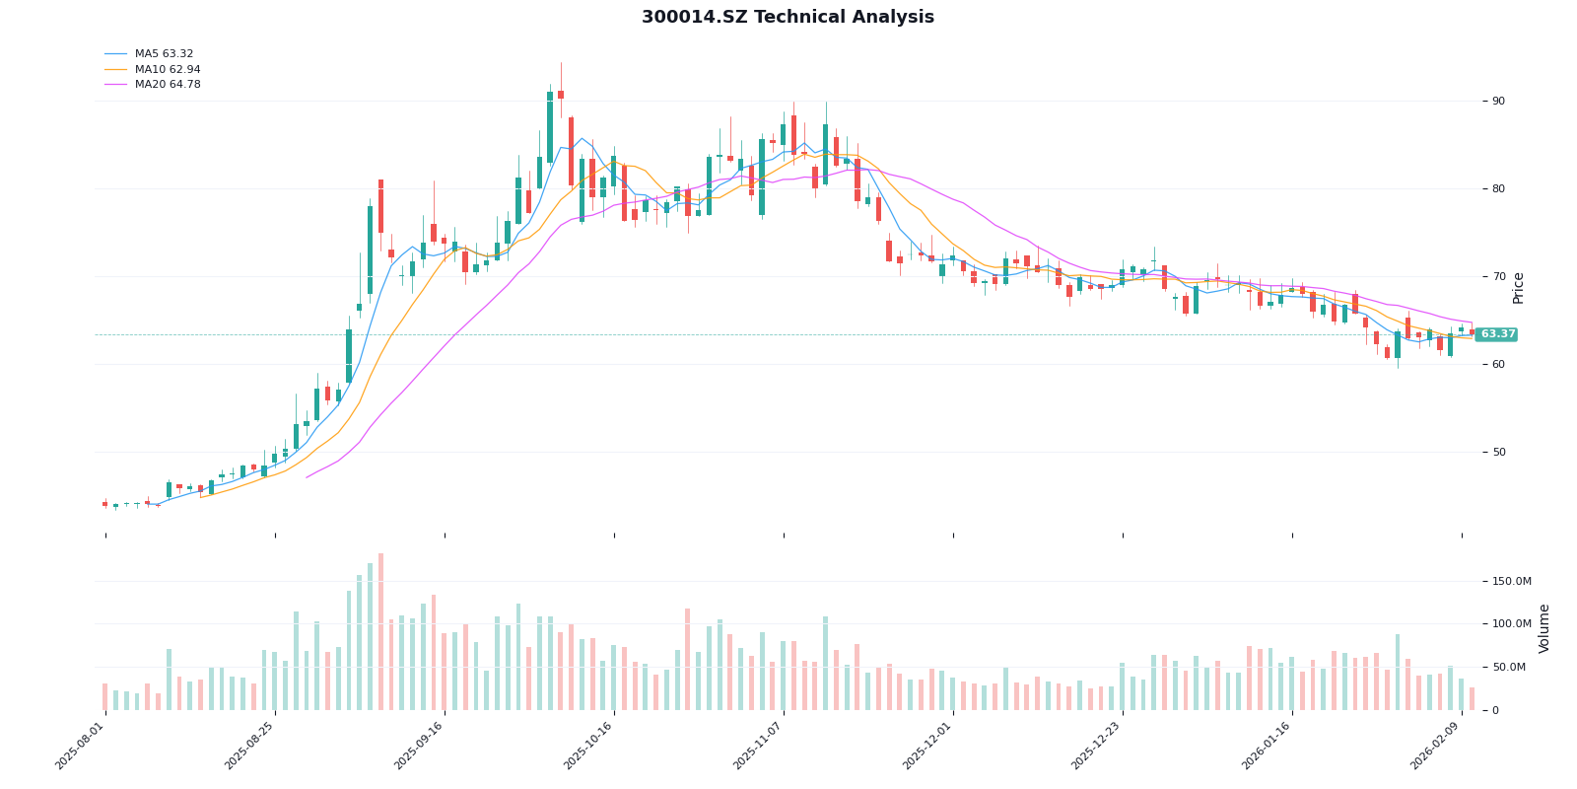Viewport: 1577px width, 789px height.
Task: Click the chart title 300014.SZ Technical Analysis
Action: point(788,18)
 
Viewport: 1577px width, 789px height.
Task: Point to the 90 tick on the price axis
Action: point(1498,102)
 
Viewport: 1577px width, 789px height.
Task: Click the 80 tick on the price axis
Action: point(1498,189)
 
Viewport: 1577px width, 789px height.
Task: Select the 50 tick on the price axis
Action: point(1498,453)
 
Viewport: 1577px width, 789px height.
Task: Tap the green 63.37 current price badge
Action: point(1496,334)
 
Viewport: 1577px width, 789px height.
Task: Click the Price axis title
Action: point(1519,288)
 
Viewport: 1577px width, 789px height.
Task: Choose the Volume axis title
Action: point(1544,628)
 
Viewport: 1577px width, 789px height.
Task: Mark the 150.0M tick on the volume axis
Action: point(1512,582)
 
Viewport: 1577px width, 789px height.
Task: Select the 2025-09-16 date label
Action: point(420,747)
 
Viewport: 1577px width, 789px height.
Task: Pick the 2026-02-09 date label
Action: point(1437,747)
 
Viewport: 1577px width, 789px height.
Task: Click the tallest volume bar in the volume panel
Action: point(380,632)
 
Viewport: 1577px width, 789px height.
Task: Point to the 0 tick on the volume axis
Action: point(1495,710)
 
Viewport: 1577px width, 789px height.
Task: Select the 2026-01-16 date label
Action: point(1268,747)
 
